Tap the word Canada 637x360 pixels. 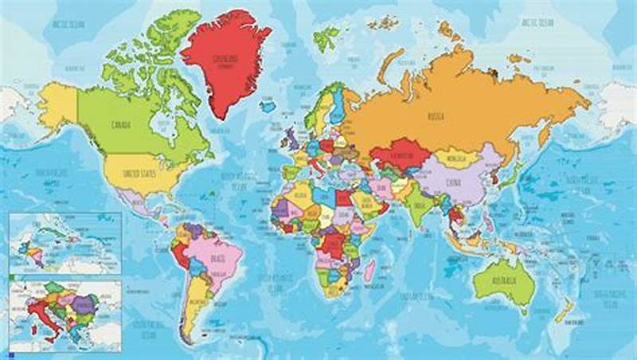pyautogui.click(x=122, y=124)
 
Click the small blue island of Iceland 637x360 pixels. pyautogui.click(x=268, y=106)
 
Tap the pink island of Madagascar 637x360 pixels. pyautogui.click(x=369, y=276)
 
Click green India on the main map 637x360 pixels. pyautogui.click(x=420, y=205)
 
